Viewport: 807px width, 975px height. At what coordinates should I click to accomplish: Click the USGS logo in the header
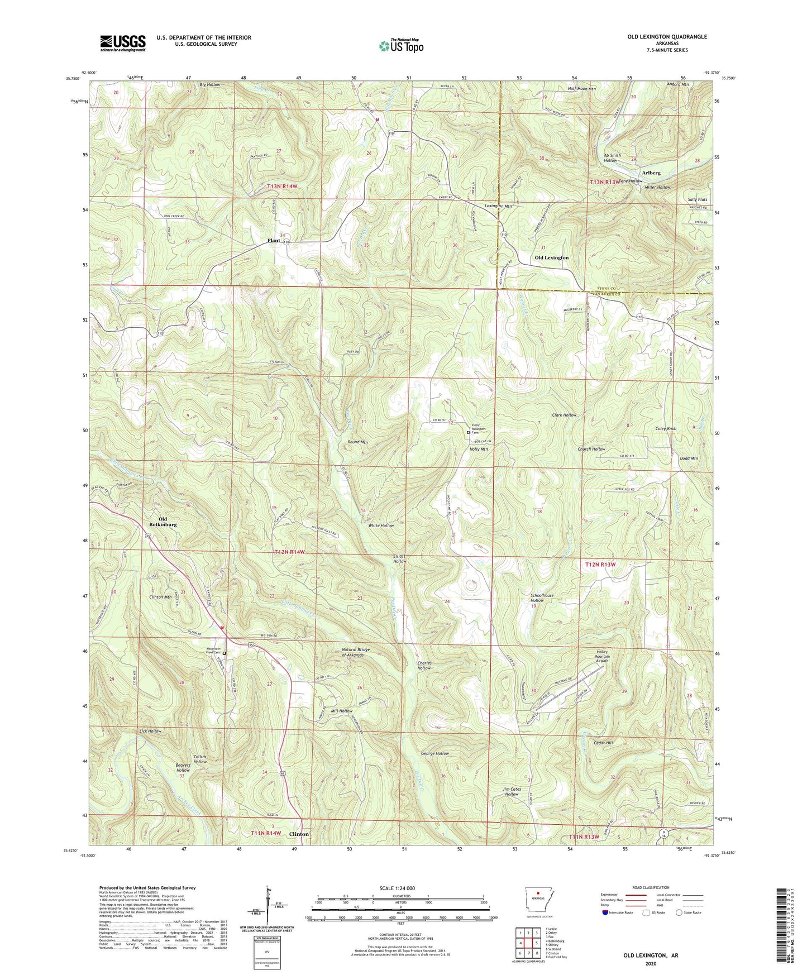[x=123, y=42]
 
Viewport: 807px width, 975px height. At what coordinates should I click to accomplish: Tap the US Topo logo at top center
[x=401, y=46]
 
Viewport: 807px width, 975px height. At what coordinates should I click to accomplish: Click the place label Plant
[x=273, y=241]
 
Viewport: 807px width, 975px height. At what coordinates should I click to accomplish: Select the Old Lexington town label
[x=551, y=258]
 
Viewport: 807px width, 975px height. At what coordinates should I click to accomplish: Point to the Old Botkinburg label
[x=163, y=522]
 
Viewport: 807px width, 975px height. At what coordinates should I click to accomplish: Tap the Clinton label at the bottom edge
[x=299, y=834]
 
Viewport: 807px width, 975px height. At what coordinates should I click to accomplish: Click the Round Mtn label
[x=357, y=442]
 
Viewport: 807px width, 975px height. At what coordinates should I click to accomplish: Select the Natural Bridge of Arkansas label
[x=356, y=652]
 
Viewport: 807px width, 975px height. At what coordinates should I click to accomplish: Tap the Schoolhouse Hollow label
[x=542, y=598]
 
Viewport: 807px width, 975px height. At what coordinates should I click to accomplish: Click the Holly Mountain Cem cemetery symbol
[x=468, y=432]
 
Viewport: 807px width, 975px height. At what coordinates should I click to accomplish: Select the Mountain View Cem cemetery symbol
[x=225, y=652]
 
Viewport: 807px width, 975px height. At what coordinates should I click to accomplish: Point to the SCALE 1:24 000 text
[x=397, y=888]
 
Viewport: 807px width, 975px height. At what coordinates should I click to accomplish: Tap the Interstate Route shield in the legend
[x=607, y=912]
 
